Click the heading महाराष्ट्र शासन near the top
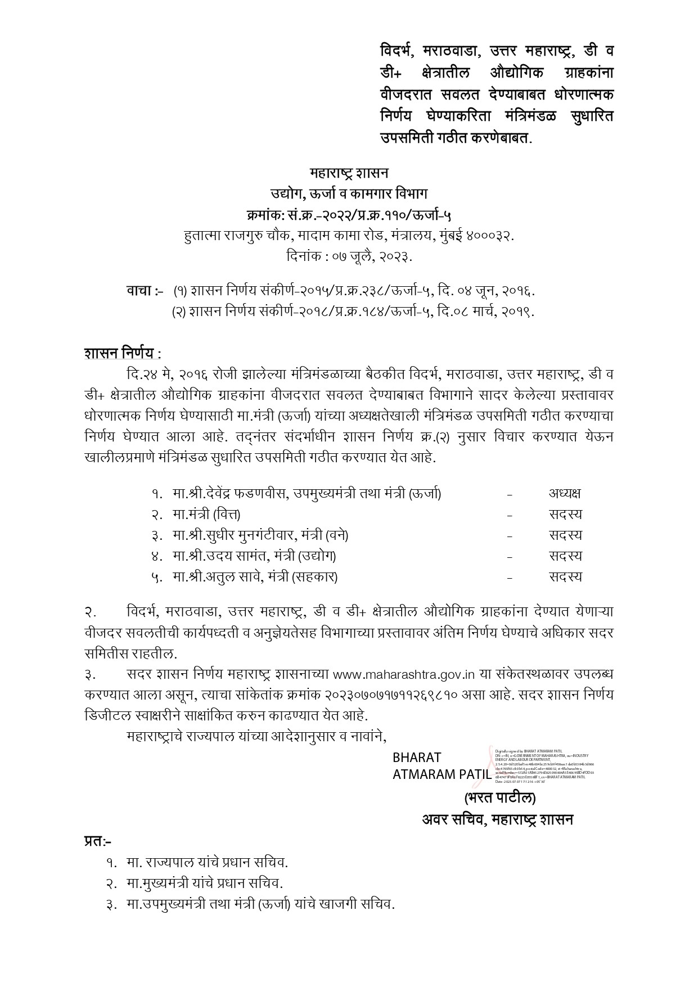[349, 172]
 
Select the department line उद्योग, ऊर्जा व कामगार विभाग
[349, 193]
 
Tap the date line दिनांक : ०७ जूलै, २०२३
[349, 257]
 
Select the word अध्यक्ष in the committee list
[565, 494]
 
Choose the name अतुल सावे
[238, 577]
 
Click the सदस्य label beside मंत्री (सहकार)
[565, 577]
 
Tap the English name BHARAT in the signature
[417, 758]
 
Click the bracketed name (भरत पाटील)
[499, 798]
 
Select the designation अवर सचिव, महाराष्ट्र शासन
[497, 819]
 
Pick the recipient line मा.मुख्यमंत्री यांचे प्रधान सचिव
[204, 883]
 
